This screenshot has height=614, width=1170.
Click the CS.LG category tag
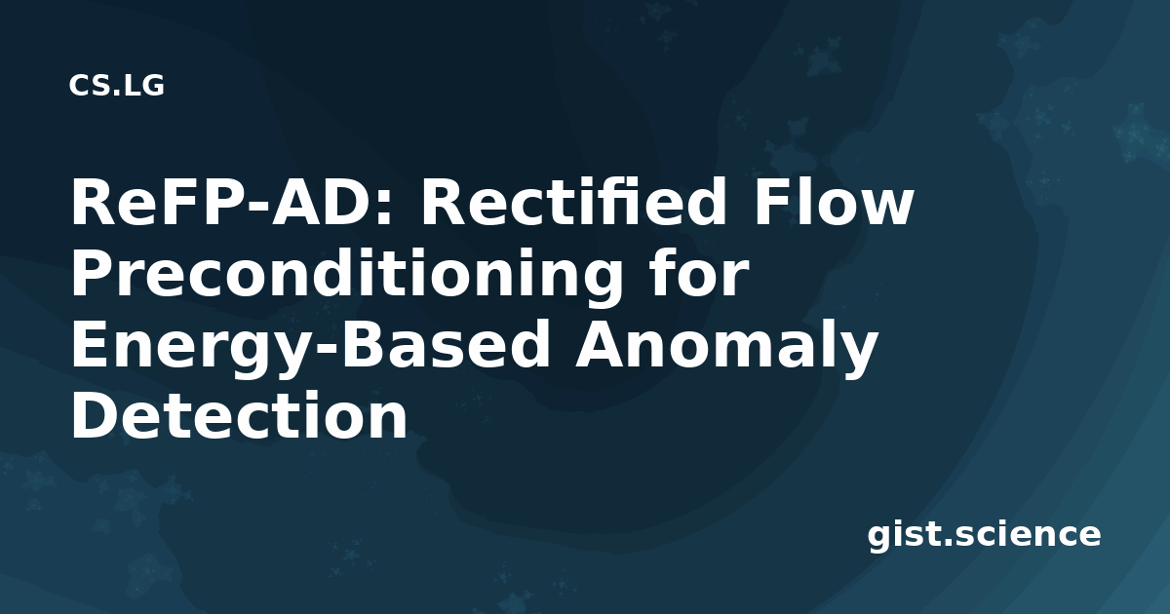click(x=116, y=86)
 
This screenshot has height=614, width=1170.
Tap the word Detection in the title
click(x=239, y=414)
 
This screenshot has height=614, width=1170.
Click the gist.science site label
click(x=984, y=535)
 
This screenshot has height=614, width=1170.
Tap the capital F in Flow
click(x=771, y=202)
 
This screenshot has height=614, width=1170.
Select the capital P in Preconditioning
click(x=92, y=273)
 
